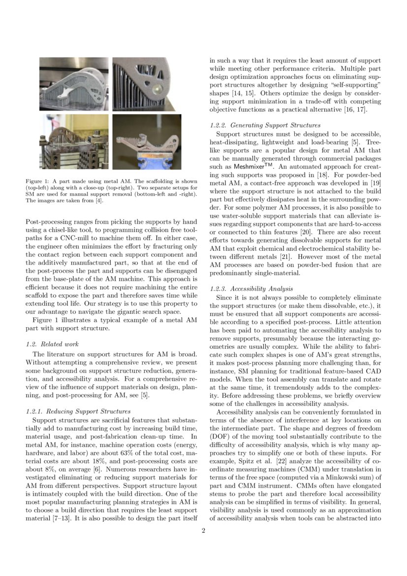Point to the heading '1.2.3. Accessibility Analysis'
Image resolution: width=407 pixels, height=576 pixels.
pos(251,289)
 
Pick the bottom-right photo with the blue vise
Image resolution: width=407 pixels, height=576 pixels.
pos(146,141)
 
